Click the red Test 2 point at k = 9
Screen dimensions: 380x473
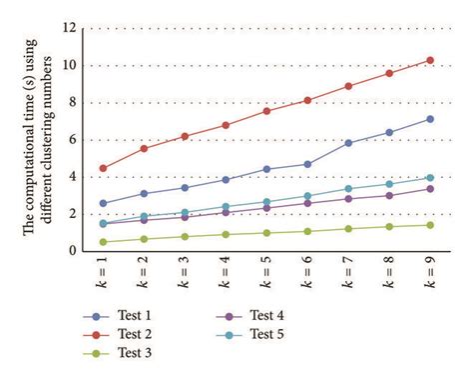[x=430, y=60]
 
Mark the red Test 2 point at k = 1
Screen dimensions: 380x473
[x=104, y=168]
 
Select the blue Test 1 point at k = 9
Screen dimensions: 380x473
[x=430, y=119]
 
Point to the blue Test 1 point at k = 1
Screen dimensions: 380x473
[x=104, y=203]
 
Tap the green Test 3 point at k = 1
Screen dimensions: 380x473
[x=104, y=242]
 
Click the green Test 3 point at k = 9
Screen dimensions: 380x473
[x=430, y=225]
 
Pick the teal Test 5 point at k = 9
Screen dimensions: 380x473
[x=430, y=178]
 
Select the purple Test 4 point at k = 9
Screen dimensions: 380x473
[x=430, y=189]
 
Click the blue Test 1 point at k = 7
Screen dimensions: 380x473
[x=348, y=143]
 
